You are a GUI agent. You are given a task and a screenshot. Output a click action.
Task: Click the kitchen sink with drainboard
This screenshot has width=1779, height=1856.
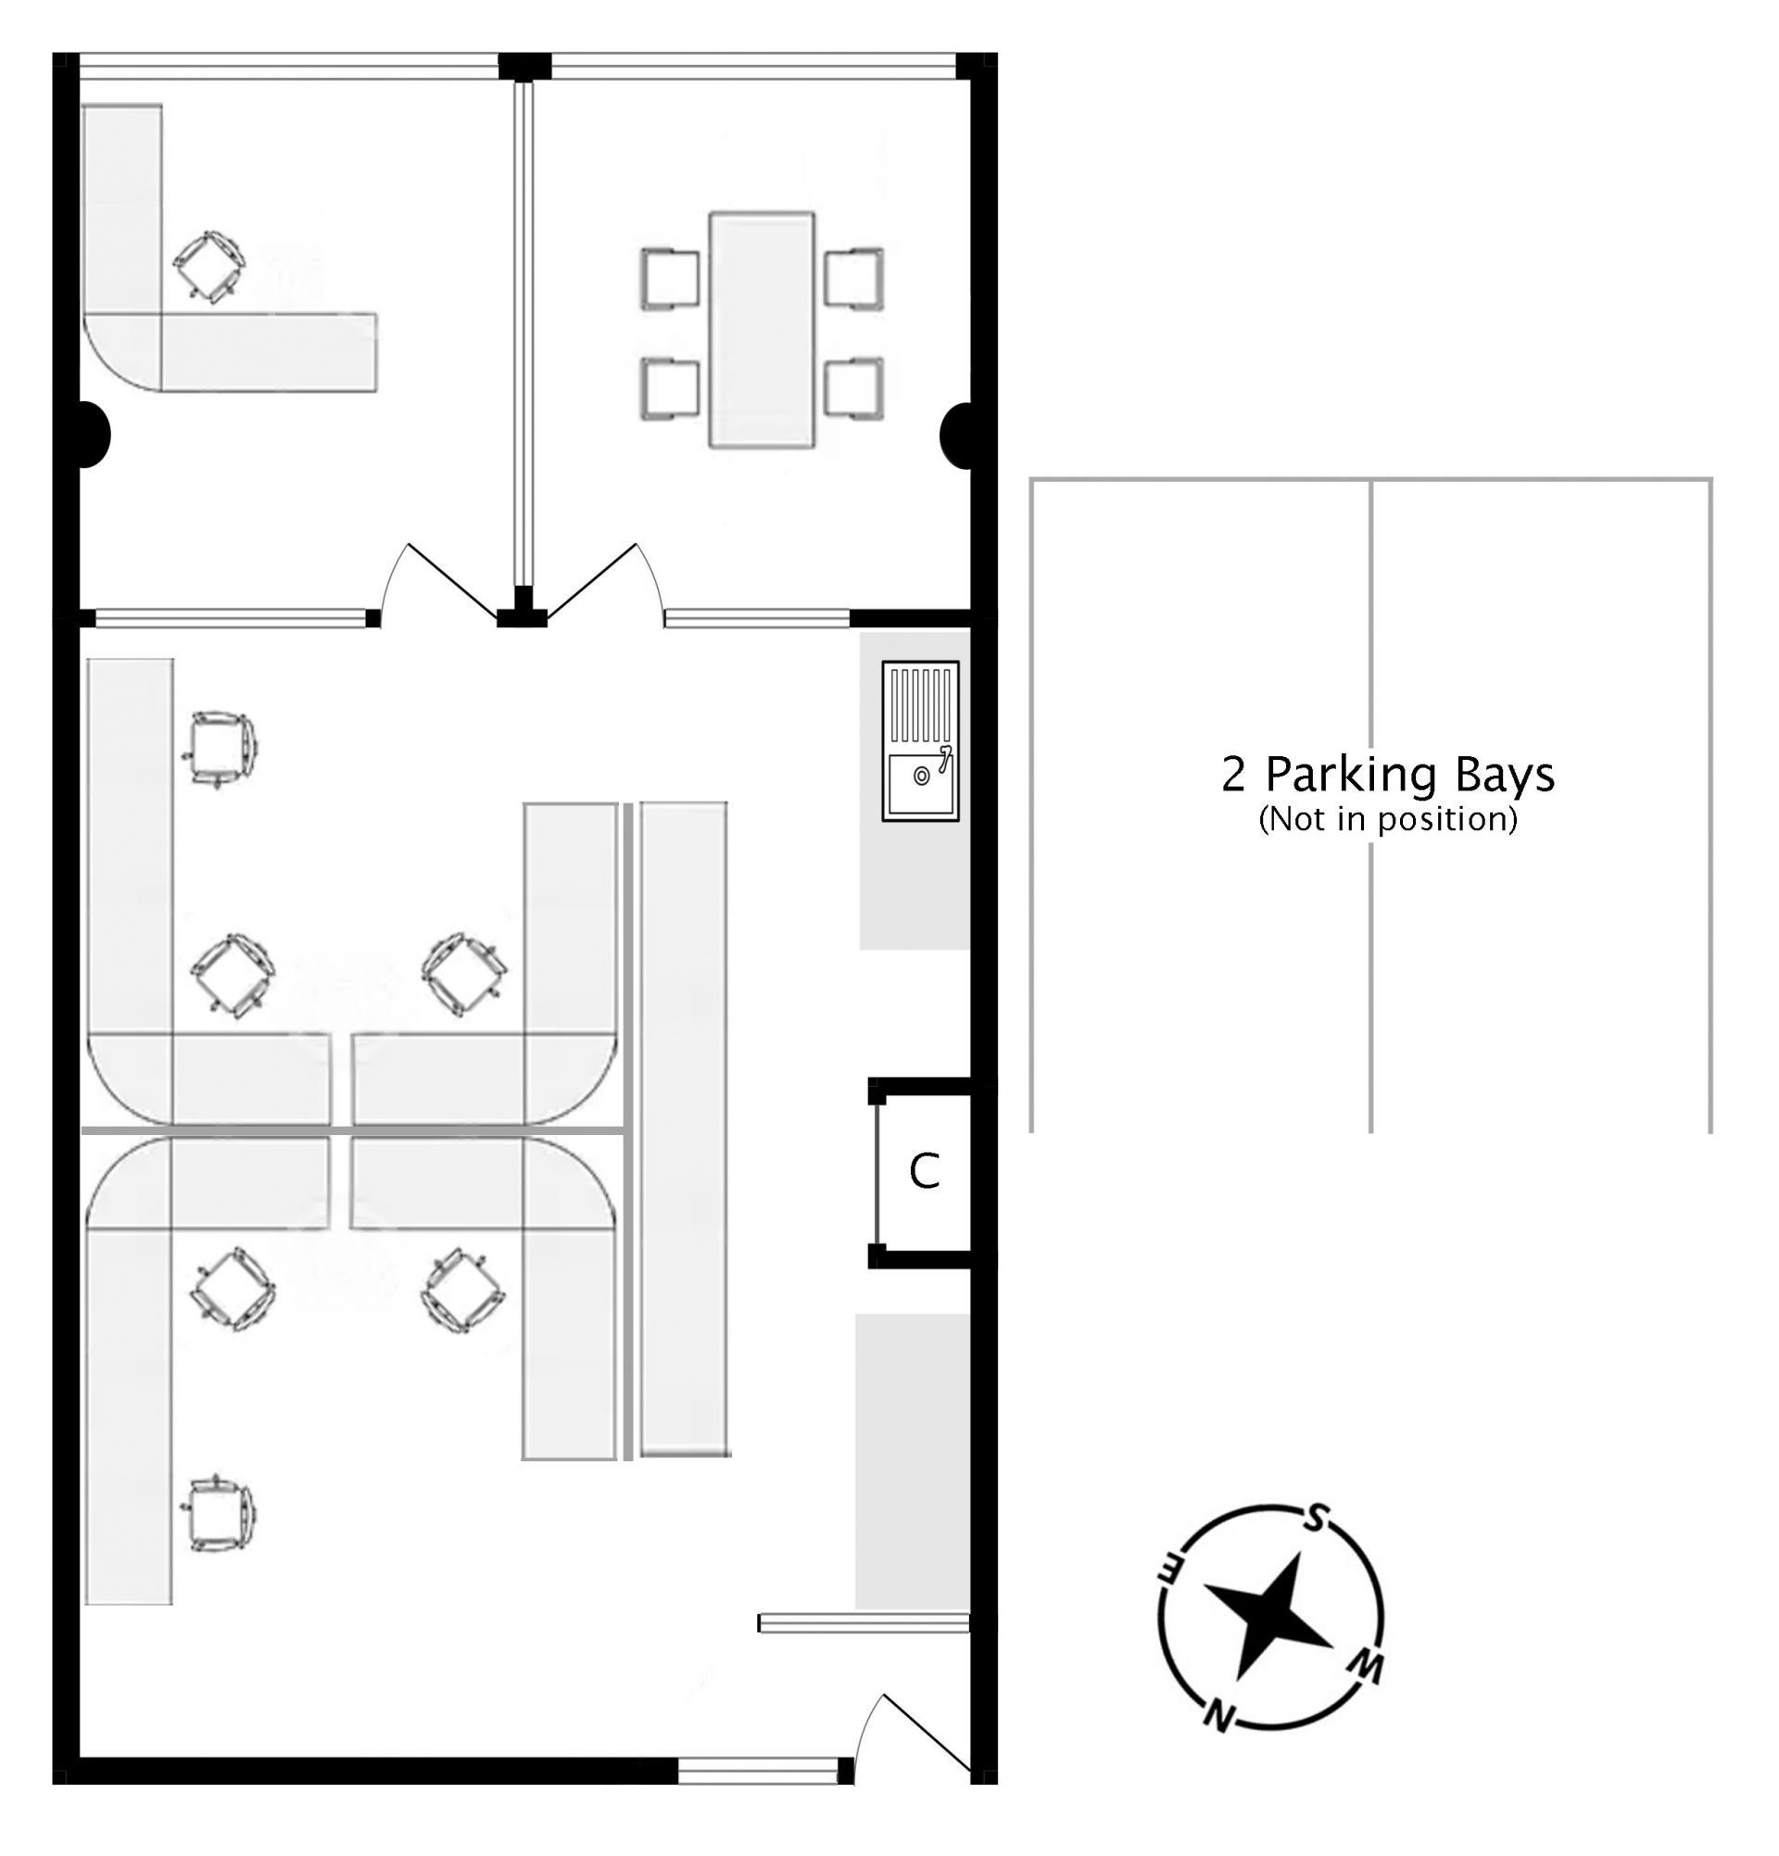click(919, 740)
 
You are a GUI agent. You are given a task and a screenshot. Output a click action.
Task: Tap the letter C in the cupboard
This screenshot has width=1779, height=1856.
click(924, 1171)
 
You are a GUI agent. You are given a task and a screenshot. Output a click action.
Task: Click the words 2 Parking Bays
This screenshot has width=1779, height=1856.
click(1388, 776)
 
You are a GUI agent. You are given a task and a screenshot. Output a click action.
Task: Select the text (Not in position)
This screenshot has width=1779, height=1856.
click(1388, 818)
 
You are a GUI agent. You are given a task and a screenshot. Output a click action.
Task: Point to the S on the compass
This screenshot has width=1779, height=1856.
click(1314, 1518)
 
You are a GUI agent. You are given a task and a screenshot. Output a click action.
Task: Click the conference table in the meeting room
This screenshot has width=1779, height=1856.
click(762, 330)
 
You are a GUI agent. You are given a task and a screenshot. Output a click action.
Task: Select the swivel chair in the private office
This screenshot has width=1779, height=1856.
click(209, 267)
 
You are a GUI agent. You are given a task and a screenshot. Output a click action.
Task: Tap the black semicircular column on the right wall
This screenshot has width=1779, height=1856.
click(956, 436)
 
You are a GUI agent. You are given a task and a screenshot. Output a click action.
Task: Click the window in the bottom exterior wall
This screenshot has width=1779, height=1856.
click(758, 1771)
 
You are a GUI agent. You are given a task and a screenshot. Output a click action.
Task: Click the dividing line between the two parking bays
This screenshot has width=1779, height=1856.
click(1370, 806)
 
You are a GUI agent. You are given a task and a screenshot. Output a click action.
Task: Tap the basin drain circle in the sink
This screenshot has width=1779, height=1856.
click(921, 776)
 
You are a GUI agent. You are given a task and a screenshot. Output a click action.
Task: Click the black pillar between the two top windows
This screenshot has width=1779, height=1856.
click(524, 67)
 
